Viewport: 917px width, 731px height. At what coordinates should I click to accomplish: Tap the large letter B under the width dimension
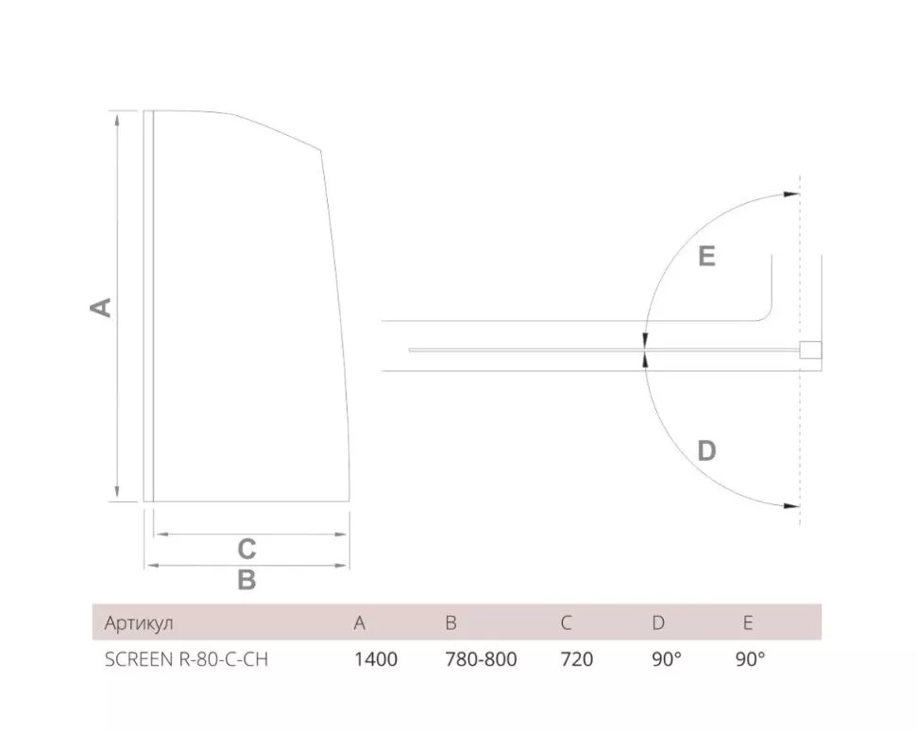(246, 580)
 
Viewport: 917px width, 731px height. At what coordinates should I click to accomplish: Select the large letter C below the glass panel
(246, 549)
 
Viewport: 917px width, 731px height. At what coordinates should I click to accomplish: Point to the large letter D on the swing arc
(706, 450)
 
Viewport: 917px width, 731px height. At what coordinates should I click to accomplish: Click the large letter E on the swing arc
(707, 256)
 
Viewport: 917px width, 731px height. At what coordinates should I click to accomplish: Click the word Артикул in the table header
(139, 623)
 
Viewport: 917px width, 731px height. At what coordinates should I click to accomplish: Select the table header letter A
(359, 622)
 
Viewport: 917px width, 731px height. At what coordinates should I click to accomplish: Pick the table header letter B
(450, 622)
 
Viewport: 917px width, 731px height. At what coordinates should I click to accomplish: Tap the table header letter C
(566, 622)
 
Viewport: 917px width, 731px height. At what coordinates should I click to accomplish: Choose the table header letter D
(658, 622)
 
